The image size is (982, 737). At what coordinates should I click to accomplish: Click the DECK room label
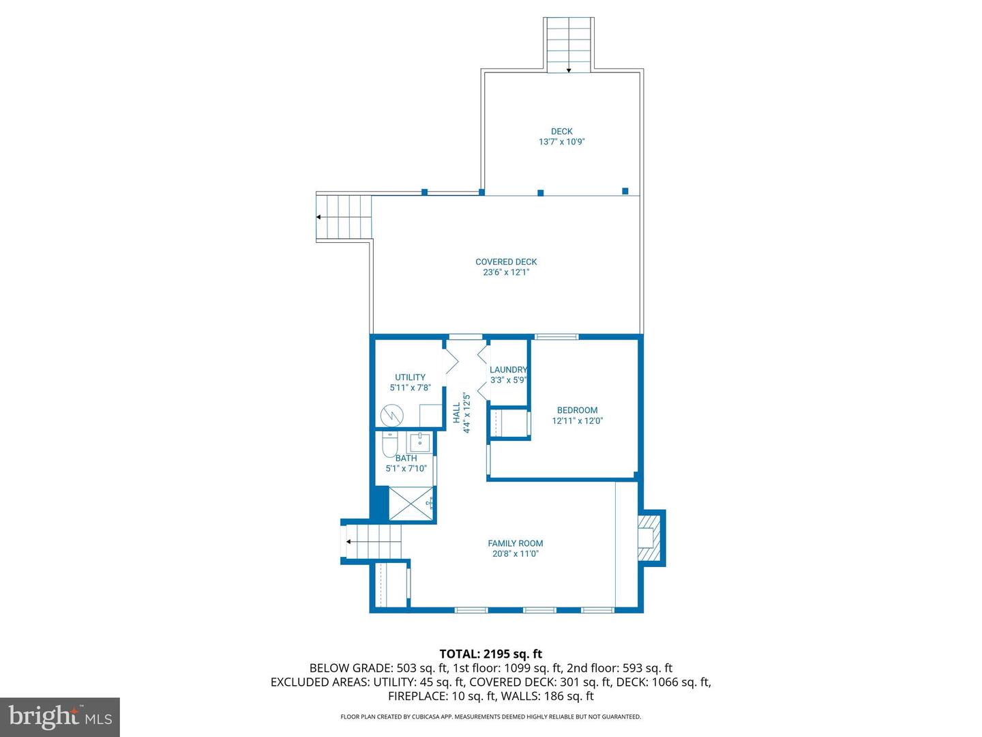[x=562, y=132]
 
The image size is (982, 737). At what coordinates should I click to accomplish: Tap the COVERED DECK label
[x=506, y=262]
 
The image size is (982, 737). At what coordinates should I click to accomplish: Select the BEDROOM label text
[x=577, y=410]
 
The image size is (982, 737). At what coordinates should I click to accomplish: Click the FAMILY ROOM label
[x=516, y=544]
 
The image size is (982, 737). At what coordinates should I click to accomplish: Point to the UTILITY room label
[x=410, y=377]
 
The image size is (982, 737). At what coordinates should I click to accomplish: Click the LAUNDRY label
[x=508, y=370]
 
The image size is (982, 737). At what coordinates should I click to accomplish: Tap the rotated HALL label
[x=457, y=412]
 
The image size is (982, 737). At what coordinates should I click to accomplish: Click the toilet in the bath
[x=389, y=445]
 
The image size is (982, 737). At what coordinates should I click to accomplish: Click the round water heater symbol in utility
[x=391, y=415]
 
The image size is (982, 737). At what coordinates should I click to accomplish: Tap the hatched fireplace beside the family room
[x=650, y=538]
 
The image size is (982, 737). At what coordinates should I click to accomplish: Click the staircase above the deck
[x=568, y=44]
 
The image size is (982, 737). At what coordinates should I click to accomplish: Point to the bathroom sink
[x=420, y=442]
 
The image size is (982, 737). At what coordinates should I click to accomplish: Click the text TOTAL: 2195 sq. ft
[x=491, y=654]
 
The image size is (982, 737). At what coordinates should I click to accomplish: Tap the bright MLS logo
[x=60, y=717]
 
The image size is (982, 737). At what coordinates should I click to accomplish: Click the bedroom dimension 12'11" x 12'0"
[x=577, y=421]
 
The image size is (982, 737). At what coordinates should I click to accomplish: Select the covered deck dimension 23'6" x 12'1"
[x=506, y=272]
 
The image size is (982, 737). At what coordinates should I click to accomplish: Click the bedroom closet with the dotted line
[x=508, y=423]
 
